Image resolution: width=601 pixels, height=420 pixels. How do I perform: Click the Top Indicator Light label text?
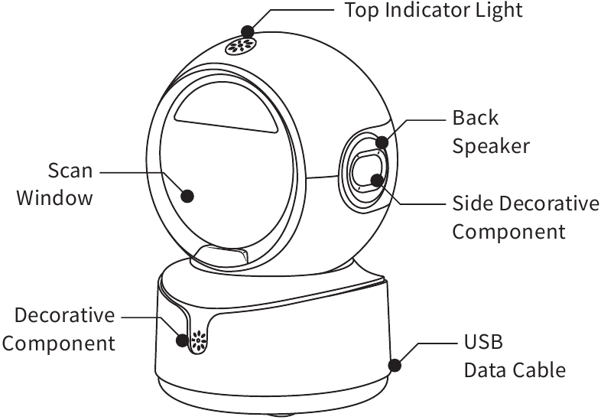[x=434, y=10]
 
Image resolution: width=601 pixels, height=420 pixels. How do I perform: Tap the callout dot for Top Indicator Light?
[x=248, y=31]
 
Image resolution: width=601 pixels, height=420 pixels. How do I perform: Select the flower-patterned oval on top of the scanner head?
[x=240, y=46]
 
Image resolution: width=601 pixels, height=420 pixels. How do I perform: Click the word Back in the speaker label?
[x=476, y=118]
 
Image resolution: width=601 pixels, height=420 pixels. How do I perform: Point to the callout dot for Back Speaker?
[x=382, y=142]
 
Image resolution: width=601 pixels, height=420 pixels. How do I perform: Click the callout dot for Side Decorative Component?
[x=377, y=181]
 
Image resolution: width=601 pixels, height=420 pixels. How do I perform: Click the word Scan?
[x=70, y=171]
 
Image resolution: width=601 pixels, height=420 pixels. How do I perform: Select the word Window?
[x=54, y=198]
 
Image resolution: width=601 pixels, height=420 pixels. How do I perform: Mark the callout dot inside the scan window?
[x=187, y=196]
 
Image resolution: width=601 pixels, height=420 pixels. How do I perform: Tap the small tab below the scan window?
[x=221, y=254]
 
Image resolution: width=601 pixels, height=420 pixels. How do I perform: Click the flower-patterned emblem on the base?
[x=198, y=340]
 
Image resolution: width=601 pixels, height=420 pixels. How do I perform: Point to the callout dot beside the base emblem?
[x=183, y=340]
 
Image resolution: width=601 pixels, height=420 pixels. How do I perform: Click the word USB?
[x=483, y=342]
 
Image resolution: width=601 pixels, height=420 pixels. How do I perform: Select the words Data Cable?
[x=515, y=370]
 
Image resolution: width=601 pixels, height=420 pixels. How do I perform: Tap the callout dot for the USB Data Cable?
[x=395, y=365]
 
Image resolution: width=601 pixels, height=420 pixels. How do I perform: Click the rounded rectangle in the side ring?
[x=367, y=171]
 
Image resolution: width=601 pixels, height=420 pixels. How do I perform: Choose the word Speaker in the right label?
[x=491, y=147]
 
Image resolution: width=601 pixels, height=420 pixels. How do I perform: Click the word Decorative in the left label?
[x=65, y=315]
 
